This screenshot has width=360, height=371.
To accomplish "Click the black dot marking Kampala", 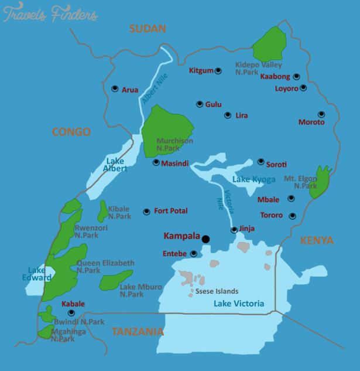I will [x=205, y=239].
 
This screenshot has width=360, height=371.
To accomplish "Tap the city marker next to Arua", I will [x=115, y=89].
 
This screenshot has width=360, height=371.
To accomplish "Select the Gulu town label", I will [x=213, y=104].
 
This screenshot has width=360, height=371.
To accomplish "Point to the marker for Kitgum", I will [x=218, y=70].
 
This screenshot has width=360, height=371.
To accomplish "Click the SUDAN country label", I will [x=148, y=28].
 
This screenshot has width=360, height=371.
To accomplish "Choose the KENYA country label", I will [x=317, y=240].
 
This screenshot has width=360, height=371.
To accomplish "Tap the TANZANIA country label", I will [x=138, y=332].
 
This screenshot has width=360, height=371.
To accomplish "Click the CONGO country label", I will [x=71, y=131].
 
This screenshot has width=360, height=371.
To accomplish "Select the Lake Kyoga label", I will [x=254, y=179].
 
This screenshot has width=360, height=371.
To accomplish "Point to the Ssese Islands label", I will [x=218, y=291].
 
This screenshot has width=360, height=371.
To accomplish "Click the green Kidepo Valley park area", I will [x=269, y=44].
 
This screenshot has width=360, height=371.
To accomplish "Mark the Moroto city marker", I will [x=321, y=114].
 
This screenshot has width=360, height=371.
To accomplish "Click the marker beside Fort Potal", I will [x=147, y=211].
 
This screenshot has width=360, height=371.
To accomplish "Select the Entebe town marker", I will [x=194, y=253].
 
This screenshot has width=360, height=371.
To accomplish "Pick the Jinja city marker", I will [x=234, y=230].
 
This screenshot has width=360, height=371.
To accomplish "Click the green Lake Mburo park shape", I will [x=116, y=280].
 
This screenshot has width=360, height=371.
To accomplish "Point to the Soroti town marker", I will [x=261, y=161].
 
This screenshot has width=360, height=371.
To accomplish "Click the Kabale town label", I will [x=73, y=304].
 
